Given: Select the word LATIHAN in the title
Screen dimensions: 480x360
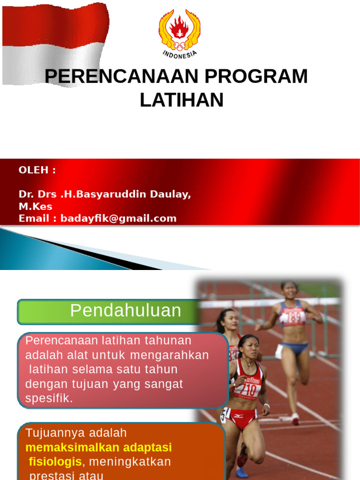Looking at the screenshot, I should [x=181, y=100].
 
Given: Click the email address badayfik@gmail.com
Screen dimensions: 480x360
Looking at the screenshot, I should [x=118, y=218].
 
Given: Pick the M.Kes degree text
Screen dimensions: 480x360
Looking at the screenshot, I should [x=36, y=206].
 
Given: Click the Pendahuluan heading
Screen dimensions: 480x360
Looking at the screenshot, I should [x=126, y=311].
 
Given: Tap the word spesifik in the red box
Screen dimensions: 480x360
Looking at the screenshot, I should [x=49, y=399].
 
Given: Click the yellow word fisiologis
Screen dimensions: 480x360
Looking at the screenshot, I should [x=55, y=462].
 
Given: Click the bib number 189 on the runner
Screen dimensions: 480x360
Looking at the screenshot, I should [x=293, y=317].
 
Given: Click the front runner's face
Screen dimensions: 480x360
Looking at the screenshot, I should [x=250, y=348].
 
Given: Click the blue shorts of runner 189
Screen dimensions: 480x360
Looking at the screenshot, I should [x=294, y=348].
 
